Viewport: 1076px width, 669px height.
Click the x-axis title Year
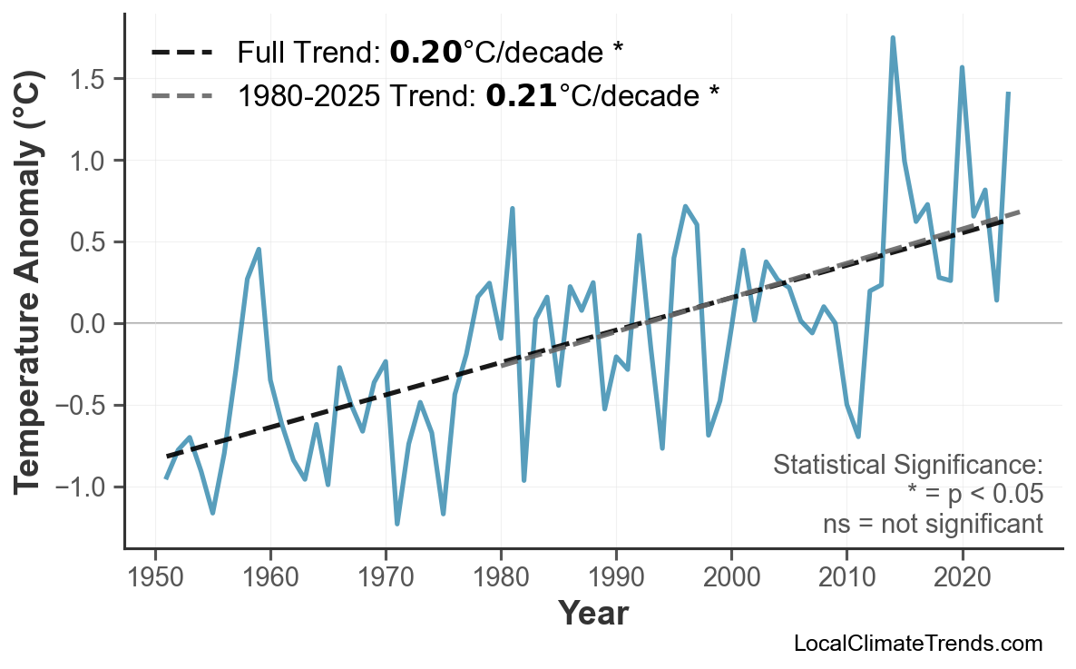coord(592,615)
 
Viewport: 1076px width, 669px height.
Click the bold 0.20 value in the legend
coord(425,54)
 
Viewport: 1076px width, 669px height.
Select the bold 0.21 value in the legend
coord(521,95)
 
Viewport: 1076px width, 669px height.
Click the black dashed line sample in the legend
coord(181,54)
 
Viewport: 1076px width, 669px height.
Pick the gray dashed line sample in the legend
coord(181,95)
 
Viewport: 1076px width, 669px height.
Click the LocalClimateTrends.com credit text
coord(917,644)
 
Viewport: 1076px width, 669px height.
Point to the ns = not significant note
coord(933,524)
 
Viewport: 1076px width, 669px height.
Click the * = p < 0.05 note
coord(974,495)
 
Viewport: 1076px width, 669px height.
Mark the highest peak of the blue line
coord(893,38)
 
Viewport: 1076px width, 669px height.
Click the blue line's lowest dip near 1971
coord(397,524)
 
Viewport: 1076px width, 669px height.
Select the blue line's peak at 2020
coord(962,67)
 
